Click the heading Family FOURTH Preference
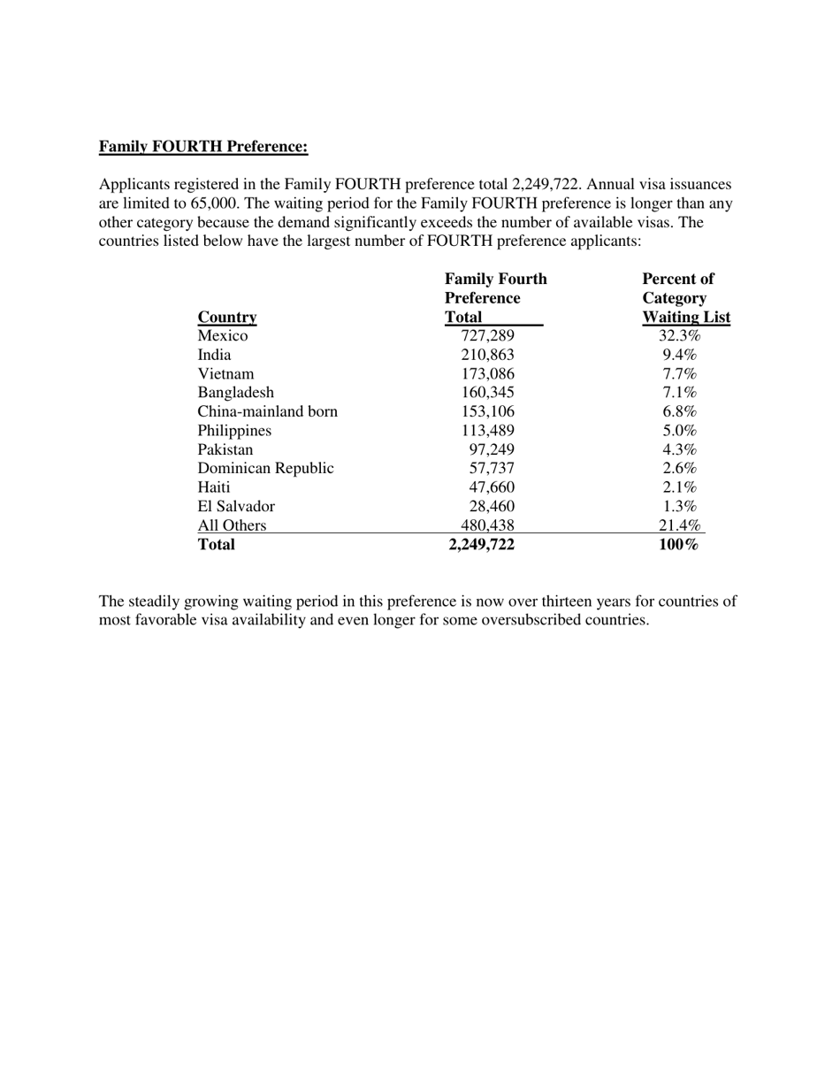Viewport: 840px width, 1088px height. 203,146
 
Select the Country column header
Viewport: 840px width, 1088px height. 227,318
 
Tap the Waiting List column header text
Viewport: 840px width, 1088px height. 686,318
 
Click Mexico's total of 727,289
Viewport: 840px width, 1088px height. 487,336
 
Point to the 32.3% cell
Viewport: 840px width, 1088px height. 679,336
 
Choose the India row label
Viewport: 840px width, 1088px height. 214,356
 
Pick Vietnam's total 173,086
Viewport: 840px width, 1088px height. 487,374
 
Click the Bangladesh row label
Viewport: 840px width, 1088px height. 235,393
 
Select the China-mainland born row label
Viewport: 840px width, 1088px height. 267,412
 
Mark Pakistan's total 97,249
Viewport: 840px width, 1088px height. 492,450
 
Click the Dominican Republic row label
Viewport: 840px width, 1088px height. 265,469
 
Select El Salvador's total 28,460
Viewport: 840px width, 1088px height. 492,507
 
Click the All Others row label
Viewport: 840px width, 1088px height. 232,526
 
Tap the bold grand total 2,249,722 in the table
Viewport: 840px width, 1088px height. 482,545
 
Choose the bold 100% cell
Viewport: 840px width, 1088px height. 679,545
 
